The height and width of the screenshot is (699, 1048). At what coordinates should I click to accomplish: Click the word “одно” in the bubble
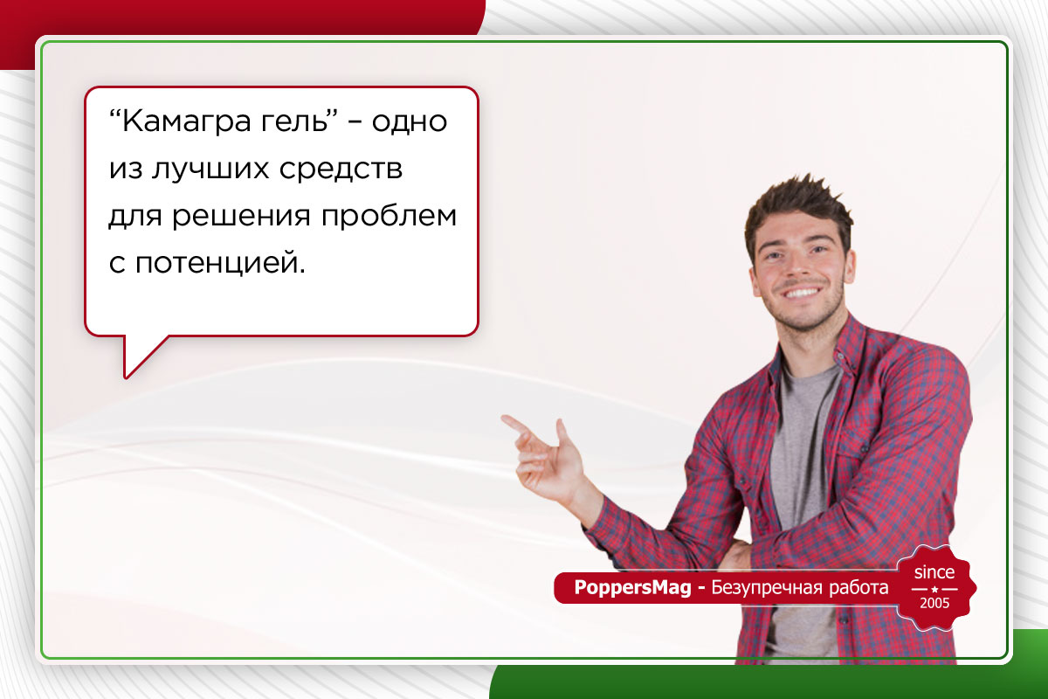tap(410, 121)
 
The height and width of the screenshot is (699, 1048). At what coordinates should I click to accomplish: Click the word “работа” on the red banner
tap(856, 588)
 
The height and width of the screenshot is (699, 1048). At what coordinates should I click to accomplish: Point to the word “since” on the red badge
tap(934, 573)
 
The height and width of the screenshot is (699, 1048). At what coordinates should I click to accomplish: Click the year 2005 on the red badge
tap(934, 604)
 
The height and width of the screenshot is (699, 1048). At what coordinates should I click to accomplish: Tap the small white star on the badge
tap(934, 589)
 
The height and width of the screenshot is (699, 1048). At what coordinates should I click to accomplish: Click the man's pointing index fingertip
tap(506, 419)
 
